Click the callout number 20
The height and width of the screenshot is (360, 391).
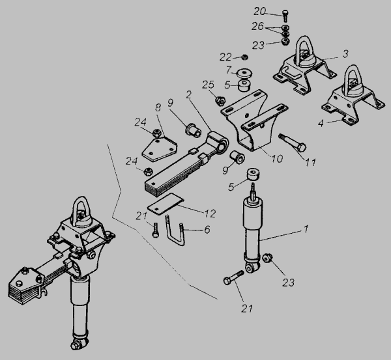[260, 12]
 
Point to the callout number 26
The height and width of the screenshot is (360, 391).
[257, 26]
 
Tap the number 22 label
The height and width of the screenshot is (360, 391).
[225, 57]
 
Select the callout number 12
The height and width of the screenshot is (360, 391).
[210, 214]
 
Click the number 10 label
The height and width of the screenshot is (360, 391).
[277, 158]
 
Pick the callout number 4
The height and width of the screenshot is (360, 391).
[321, 123]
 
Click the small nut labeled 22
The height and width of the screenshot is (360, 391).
[244, 57]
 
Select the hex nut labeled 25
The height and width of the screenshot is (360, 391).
[220, 101]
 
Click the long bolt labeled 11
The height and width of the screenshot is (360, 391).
[293, 143]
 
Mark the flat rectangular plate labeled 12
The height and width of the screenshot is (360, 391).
[166, 204]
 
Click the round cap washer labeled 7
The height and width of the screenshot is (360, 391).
[244, 73]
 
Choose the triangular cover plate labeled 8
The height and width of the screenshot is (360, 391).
[160, 148]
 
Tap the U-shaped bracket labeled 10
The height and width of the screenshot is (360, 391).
[254, 120]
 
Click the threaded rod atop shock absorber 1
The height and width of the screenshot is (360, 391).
[253, 191]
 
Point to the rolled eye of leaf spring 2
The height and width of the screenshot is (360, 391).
[219, 142]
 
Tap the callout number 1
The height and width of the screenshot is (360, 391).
[306, 228]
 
